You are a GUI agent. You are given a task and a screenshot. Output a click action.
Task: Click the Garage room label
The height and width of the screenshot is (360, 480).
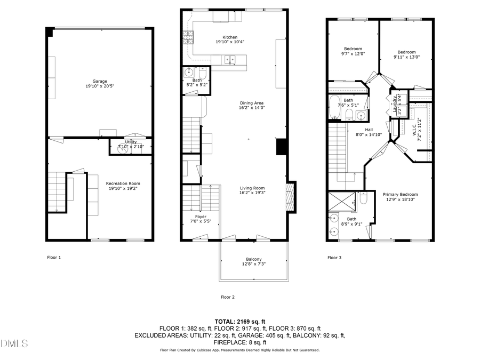[100, 82]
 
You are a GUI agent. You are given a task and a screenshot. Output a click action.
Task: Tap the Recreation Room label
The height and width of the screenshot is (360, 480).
[123, 183]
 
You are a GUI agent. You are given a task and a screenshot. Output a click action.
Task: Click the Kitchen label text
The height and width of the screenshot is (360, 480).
[230, 37]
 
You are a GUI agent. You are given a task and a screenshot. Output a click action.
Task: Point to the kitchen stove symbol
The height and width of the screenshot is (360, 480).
[189, 36]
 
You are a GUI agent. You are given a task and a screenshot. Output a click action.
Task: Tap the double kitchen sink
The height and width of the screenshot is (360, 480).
[229, 60]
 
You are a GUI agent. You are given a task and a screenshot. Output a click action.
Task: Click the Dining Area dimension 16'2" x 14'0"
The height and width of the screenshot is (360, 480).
[252, 108]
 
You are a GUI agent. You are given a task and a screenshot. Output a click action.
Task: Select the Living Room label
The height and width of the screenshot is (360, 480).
[252, 188]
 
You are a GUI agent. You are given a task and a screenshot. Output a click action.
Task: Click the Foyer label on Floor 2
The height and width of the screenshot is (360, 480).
[201, 217]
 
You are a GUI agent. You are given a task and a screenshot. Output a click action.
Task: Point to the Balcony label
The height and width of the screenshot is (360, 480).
[253, 259]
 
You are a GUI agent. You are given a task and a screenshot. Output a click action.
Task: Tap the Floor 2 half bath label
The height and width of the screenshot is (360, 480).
[197, 80]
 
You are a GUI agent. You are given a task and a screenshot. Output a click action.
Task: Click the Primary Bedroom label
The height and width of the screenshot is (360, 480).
[402, 194]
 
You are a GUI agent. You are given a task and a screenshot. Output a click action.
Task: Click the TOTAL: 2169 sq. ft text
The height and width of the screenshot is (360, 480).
[239, 321]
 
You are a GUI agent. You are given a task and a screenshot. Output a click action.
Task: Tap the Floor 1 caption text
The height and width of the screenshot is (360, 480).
[54, 257]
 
